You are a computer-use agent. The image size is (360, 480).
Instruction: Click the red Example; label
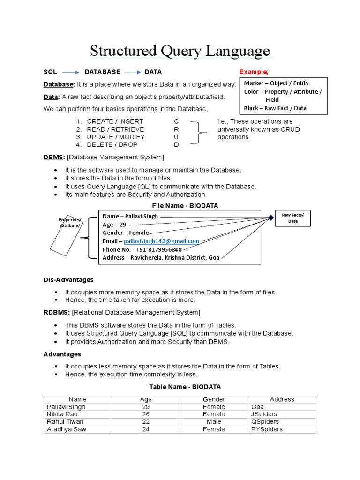click(254, 72)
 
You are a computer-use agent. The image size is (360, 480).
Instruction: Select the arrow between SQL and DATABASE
click(71, 72)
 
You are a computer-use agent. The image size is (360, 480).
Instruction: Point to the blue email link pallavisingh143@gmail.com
click(161, 241)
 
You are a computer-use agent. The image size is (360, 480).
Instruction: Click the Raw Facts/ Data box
click(292, 217)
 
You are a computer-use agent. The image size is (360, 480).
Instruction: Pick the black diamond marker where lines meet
click(270, 217)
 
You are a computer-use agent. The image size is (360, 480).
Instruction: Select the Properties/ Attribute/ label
click(70, 223)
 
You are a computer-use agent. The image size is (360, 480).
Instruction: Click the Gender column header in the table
click(214, 399)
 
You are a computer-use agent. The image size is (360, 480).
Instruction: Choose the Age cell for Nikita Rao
click(146, 414)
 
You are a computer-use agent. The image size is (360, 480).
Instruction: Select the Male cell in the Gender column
click(214, 422)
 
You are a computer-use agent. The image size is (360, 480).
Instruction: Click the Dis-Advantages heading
click(68, 280)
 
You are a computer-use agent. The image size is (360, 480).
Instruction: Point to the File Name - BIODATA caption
click(185, 206)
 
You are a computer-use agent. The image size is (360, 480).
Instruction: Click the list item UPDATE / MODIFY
click(116, 137)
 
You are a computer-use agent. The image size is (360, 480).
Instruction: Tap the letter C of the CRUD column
click(176, 122)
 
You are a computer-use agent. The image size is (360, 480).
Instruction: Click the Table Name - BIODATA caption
click(185, 387)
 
